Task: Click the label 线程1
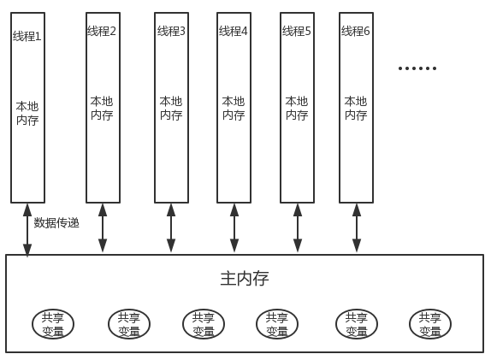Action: coord(27,36)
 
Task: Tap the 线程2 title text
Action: coord(102,31)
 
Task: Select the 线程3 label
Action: coord(171,31)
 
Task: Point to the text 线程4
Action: coord(234,31)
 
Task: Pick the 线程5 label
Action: coord(297,31)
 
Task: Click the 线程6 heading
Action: coord(355,31)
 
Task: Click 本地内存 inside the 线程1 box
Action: coord(27,114)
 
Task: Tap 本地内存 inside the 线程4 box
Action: coord(234,109)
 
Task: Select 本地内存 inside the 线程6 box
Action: coord(356,109)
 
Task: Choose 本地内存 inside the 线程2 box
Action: coord(102,109)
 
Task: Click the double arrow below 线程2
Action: coord(103,228)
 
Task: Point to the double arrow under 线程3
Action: coord(171,228)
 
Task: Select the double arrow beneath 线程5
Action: coord(298,228)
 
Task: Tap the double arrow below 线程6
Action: coord(357,228)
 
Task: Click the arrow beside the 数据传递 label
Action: coord(27,230)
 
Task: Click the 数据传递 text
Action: coord(56,223)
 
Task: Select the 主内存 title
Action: coord(245,279)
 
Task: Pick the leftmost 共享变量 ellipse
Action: coord(53,324)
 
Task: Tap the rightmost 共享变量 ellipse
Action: coord(430,324)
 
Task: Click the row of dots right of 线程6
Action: coord(417,68)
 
